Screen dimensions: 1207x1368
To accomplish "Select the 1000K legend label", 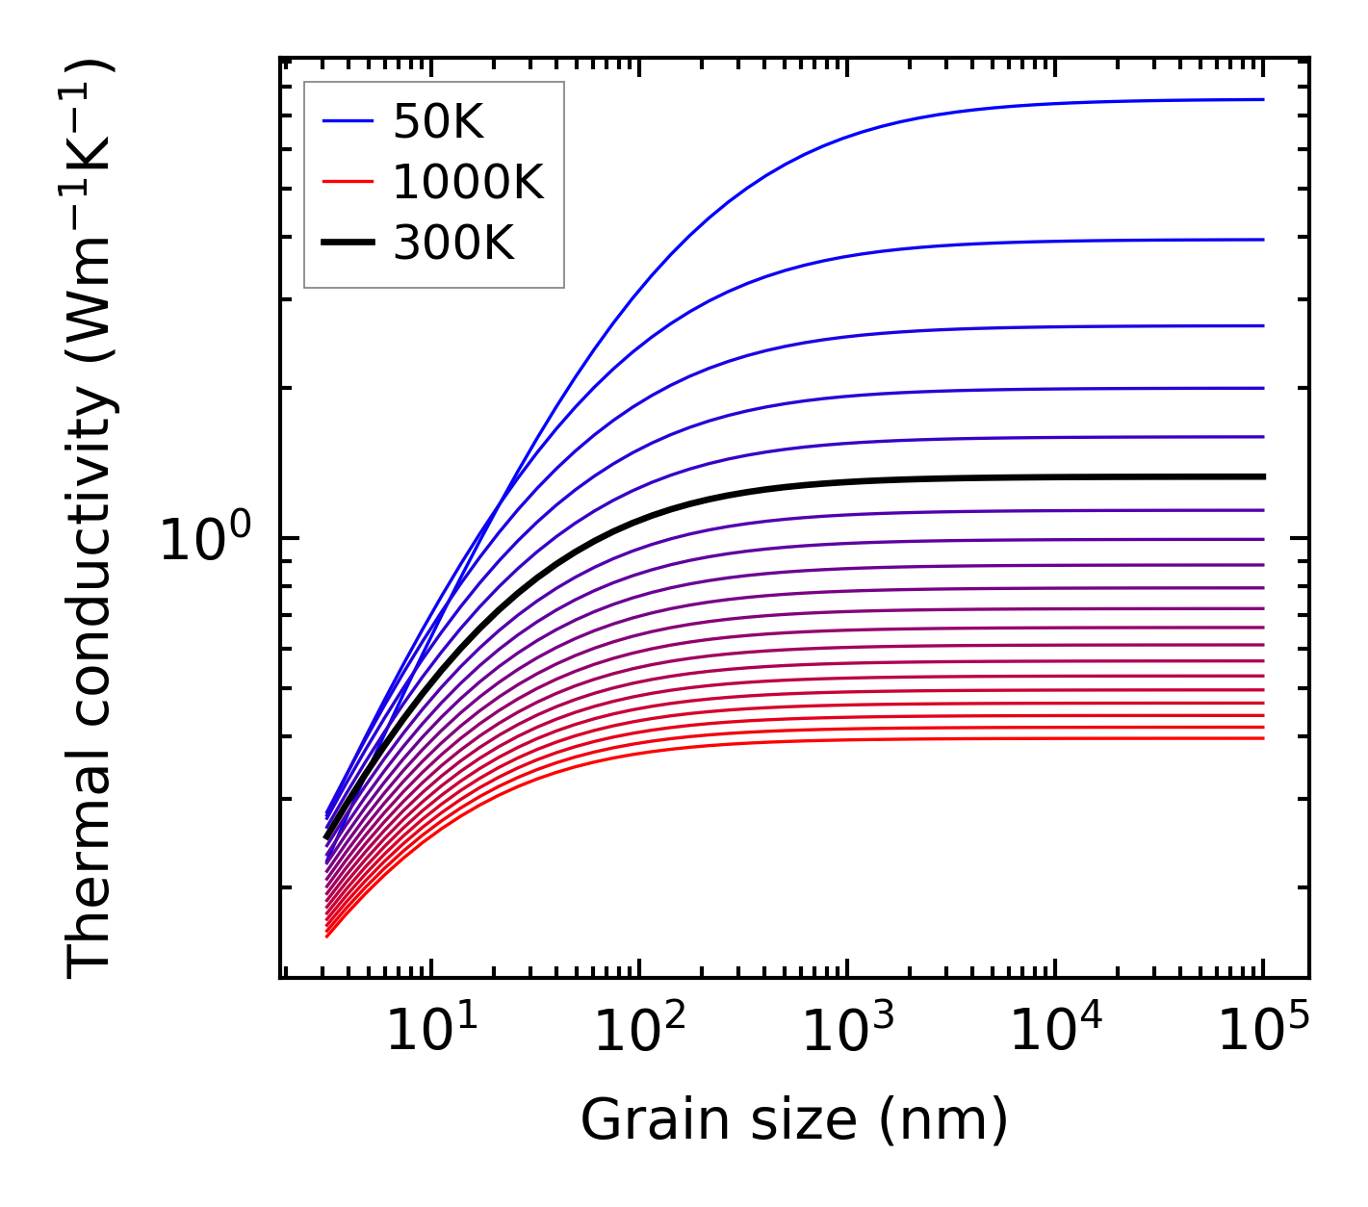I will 468,182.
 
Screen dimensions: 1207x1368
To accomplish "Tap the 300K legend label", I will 453,244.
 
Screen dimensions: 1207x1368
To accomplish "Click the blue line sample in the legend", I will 348,121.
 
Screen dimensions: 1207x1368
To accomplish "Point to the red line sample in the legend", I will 348,182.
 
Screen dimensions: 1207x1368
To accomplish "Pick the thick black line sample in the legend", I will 348,244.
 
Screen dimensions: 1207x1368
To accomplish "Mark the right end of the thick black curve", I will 1262,476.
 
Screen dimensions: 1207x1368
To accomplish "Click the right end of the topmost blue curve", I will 1262,99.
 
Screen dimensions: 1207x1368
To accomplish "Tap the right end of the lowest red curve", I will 1262,738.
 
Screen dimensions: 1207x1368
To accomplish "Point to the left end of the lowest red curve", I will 328,936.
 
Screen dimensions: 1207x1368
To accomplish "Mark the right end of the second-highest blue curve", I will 1262,240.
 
